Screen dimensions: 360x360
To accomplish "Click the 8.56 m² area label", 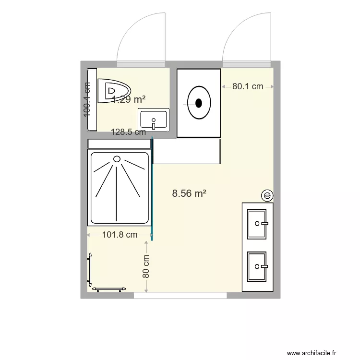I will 189,193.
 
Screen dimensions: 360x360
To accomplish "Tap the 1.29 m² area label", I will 129,99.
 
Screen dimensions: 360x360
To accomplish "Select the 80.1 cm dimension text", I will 248,86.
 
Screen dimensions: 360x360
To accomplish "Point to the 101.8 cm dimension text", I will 120,235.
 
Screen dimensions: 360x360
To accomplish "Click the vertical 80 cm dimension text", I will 146,266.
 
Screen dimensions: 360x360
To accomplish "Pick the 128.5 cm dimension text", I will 128,132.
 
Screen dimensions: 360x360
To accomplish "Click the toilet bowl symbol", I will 114,90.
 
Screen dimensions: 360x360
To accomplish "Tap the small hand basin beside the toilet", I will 154,120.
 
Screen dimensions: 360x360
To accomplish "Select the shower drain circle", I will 117,159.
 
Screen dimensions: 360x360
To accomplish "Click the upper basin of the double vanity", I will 257,224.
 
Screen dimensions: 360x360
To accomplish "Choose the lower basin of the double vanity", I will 257,266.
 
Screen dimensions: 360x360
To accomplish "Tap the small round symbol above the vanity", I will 267,195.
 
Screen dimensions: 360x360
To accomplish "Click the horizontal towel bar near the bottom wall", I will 109,289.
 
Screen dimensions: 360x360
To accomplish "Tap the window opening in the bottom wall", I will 180,296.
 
